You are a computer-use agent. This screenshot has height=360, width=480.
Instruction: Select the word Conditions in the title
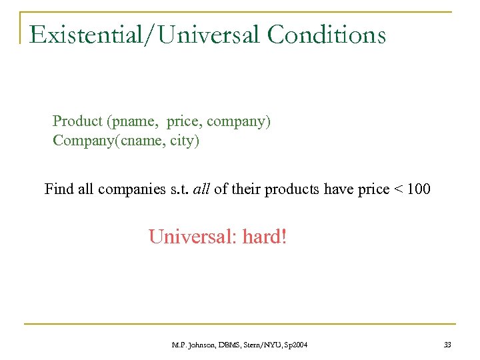[327, 34]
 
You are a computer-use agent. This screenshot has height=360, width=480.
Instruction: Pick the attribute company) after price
[238, 122]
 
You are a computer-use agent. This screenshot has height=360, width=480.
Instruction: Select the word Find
[59, 189]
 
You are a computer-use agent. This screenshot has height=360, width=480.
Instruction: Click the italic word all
[201, 189]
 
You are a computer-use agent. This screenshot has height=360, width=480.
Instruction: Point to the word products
[291, 189]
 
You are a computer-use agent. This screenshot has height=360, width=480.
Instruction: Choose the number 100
[419, 189]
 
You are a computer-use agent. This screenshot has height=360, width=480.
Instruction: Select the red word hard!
[265, 237]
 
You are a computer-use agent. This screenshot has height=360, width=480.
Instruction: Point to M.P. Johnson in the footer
[191, 344]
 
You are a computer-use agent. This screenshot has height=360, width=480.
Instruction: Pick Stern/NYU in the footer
[263, 344]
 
